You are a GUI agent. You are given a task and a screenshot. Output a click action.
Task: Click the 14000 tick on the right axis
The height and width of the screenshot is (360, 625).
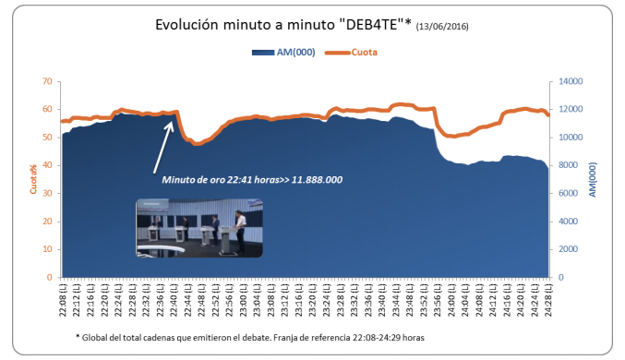point(567,81)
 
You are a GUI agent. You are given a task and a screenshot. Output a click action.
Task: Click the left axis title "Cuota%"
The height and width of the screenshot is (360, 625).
point(32,180)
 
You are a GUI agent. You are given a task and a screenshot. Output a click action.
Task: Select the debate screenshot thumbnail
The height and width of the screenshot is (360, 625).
point(198,229)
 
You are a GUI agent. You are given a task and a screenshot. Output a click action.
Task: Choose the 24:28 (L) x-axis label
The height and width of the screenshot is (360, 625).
point(547,300)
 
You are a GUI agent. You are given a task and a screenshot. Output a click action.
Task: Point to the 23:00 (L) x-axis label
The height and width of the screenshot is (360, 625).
point(243,300)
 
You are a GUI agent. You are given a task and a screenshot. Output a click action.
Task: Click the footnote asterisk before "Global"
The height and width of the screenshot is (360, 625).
point(78,338)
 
